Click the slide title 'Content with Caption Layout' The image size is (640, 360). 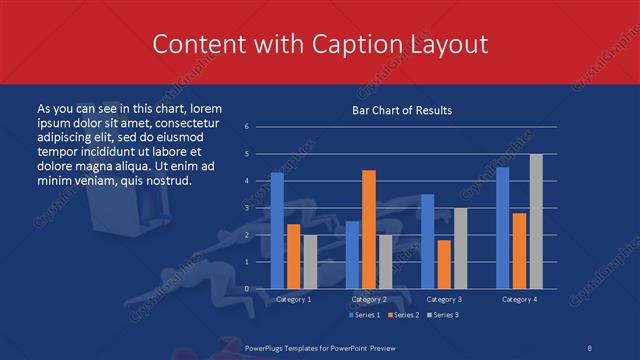[319, 45]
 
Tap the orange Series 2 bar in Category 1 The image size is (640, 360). [293, 257]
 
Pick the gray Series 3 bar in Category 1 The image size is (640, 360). [310, 262]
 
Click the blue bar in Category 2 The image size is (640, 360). [352, 255]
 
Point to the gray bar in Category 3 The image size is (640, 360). [460, 248]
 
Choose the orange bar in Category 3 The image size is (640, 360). [444, 264]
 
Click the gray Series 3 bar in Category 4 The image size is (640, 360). [536, 221]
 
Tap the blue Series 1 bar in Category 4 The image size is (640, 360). [503, 228]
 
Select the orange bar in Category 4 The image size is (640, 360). [519, 251]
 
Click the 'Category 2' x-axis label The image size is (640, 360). [368, 299]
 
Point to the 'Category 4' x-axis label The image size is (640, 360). [519, 299]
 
